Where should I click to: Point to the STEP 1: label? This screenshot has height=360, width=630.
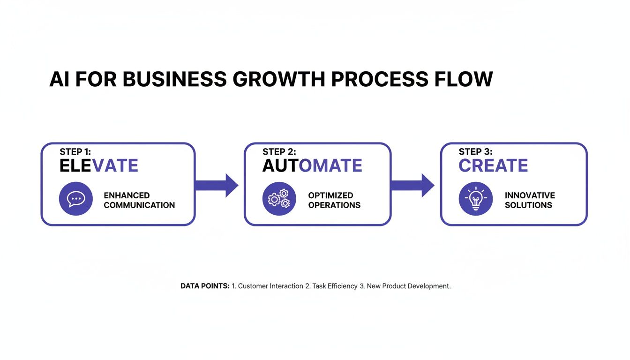77,152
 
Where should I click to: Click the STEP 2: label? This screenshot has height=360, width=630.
279,152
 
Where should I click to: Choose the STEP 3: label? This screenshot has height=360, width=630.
475,152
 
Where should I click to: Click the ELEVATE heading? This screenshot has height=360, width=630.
99,166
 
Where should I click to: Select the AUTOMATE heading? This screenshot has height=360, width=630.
312,166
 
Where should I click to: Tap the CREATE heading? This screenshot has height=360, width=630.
493,166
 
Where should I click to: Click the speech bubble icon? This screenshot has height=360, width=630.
75,199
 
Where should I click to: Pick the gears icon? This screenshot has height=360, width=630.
279,199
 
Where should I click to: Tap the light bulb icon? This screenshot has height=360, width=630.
475,199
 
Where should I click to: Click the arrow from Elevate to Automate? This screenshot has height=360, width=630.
217,186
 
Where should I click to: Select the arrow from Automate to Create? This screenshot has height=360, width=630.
412,186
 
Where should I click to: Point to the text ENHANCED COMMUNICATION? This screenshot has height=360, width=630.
139,200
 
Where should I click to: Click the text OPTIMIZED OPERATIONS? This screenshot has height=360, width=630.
334,200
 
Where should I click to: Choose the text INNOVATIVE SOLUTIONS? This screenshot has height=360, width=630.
530,200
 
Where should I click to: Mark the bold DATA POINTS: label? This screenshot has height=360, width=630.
205,286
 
